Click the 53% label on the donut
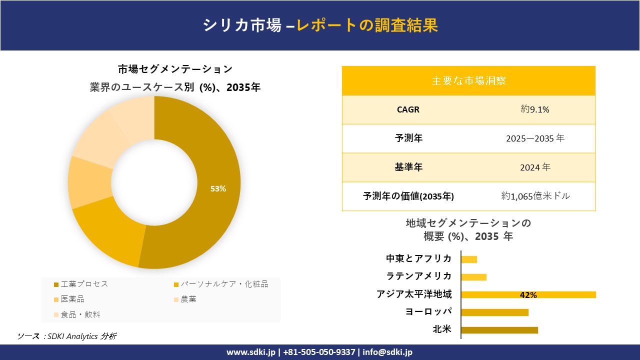(218, 189)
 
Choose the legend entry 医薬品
(72, 299)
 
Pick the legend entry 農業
(188, 299)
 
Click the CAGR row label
(408, 109)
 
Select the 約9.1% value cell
(535, 109)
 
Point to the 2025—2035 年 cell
(535, 138)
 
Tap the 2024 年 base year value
(535, 167)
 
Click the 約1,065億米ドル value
(535, 196)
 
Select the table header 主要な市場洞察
(468, 80)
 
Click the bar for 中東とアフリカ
(469, 259)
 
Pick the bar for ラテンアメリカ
(473, 277)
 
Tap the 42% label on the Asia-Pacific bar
(528, 295)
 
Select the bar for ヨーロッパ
(494, 312)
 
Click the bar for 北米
(499, 330)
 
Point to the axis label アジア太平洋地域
(414, 294)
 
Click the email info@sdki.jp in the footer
(387, 352)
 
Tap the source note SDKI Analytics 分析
(80, 336)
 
